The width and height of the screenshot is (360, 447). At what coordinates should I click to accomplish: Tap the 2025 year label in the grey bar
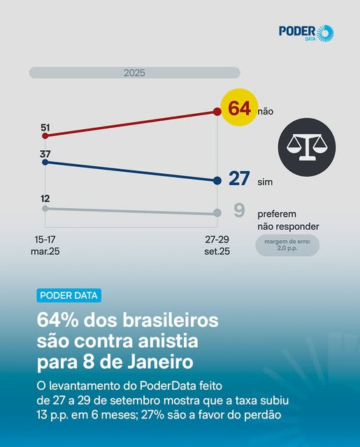tap(134, 73)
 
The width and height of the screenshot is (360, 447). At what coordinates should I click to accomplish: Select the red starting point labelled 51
tap(45, 135)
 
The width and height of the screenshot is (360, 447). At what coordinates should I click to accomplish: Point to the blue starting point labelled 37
tap(45, 161)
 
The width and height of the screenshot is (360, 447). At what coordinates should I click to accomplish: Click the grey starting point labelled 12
tap(45, 208)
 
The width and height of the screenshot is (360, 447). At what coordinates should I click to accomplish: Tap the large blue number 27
tap(239, 179)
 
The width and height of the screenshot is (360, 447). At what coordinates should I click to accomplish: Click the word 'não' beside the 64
tap(266, 111)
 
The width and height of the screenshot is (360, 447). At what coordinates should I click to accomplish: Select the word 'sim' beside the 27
tap(265, 182)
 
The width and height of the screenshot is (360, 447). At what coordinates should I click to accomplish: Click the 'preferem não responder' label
tap(288, 220)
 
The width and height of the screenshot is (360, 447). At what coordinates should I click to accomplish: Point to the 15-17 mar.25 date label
tap(45, 244)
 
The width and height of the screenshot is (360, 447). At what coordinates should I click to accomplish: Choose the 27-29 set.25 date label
tap(217, 244)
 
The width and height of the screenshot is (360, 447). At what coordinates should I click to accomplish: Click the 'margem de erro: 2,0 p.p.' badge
tap(287, 244)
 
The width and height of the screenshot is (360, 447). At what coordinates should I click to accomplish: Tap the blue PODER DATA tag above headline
tap(69, 295)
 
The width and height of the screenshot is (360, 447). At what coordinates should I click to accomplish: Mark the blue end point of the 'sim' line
tap(217, 181)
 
